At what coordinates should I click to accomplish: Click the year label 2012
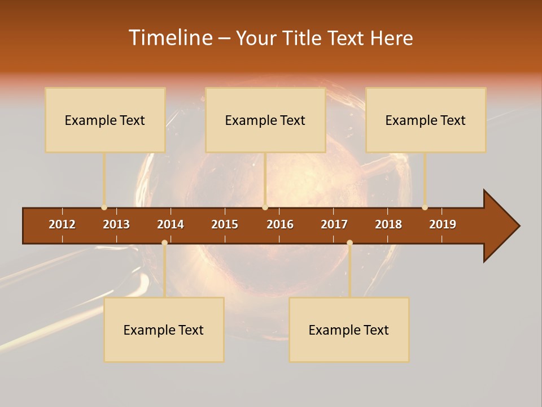pyautogui.click(x=62, y=224)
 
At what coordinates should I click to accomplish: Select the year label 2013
pyautogui.click(x=116, y=224)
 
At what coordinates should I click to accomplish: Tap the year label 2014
pyautogui.click(x=171, y=224)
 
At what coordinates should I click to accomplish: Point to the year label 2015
pyautogui.click(x=225, y=224)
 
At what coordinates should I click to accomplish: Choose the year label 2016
pyautogui.click(x=280, y=224)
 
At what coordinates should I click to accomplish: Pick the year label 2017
pyautogui.click(x=334, y=224)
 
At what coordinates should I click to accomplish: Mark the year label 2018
pyautogui.click(x=388, y=224)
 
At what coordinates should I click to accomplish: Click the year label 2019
pyautogui.click(x=443, y=224)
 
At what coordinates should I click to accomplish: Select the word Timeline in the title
pyautogui.click(x=170, y=38)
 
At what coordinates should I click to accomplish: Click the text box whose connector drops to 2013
pyautogui.click(x=105, y=120)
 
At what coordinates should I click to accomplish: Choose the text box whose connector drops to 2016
pyautogui.click(x=265, y=120)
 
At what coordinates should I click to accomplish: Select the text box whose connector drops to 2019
pyautogui.click(x=426, y=120)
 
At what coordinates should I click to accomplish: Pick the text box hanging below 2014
pyautogui.click(x=164, y=330)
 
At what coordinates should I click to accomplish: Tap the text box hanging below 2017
pyautogui.click(x=349, y=330)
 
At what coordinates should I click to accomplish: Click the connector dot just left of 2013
pyautogui.click(x=104, y=207)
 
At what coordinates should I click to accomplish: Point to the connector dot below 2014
pyautogui.click(x=164, y=243)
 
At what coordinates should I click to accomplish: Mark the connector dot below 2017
pyautogui.click(x=349, y=243)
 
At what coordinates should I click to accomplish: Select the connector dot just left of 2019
pyautogui.click(x=425, y=207)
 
